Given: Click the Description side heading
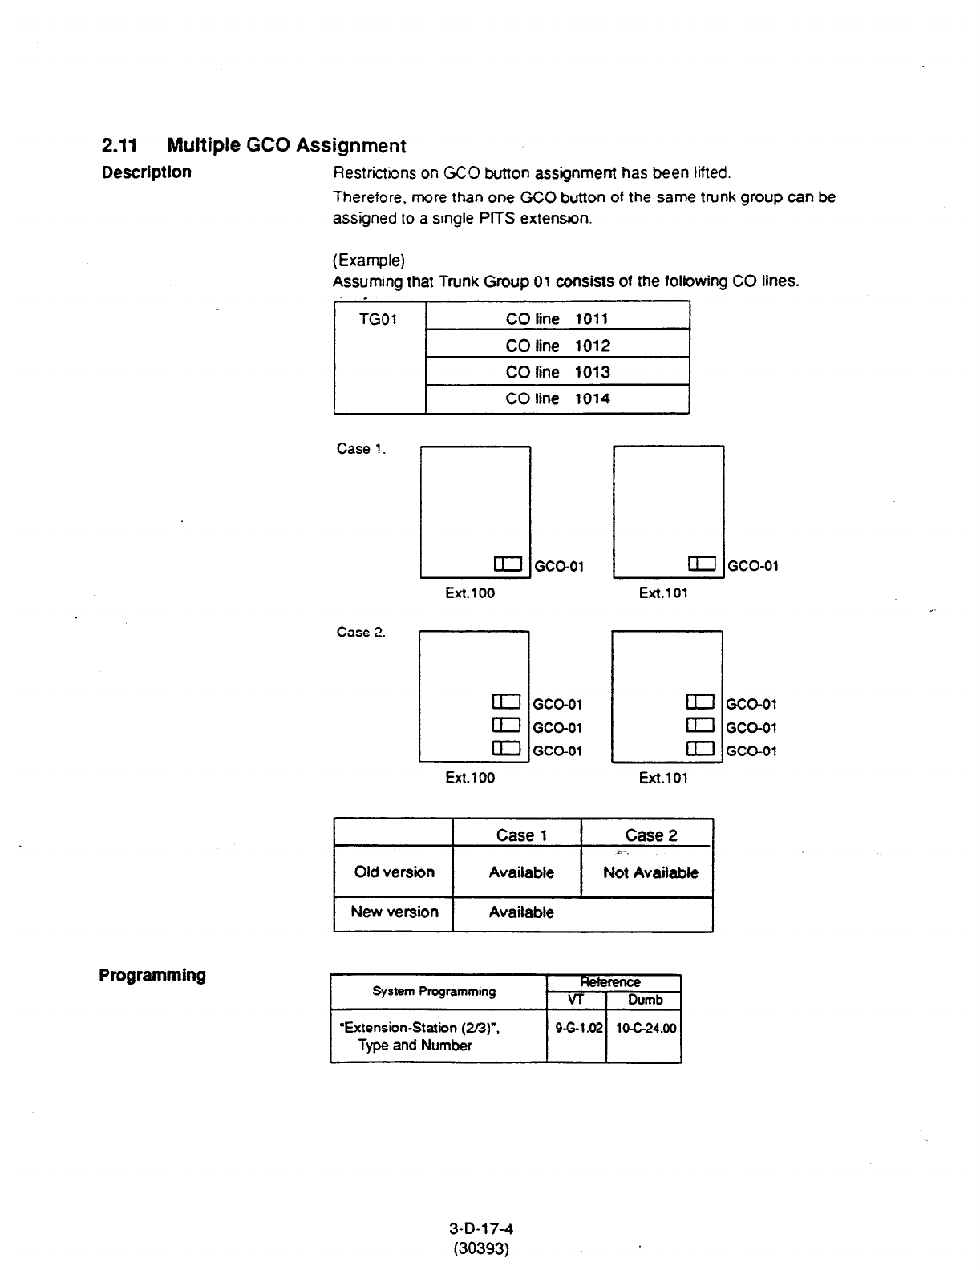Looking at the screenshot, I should pos(146,172).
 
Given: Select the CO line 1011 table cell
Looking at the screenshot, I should pos(557,319).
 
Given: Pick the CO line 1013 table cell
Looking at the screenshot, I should pos(557,372).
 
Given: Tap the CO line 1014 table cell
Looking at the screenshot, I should pos(557,398).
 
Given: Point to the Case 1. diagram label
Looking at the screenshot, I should pos(361,449).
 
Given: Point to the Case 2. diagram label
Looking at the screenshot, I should pos(361,633).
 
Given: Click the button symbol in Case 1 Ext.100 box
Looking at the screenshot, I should pos(508,564).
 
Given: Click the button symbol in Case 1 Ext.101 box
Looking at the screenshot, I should pos(701,564).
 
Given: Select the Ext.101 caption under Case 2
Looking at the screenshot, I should pos(663,778).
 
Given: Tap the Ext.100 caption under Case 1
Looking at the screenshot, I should pos(470,593).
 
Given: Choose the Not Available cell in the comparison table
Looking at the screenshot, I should pos(650,872).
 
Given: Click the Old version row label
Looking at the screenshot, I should pos(394,872).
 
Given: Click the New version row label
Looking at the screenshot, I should pos(394,912).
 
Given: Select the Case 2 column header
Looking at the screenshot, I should pos(650,835).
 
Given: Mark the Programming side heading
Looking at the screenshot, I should pos(152,976).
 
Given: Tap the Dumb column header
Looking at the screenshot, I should pos(645,1001).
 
